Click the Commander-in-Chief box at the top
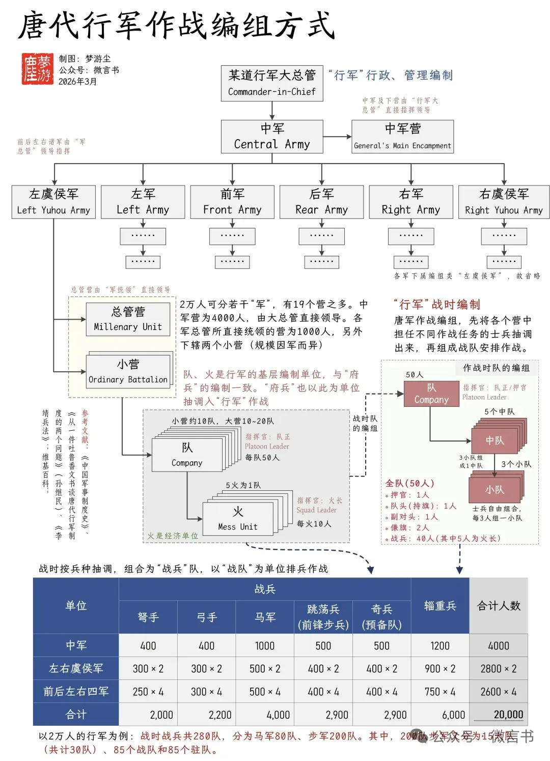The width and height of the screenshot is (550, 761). [x=272, y=83]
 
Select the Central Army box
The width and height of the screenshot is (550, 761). [x=272, y=137]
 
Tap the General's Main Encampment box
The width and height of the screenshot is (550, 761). [x=402, y=137]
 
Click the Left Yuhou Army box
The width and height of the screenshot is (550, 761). [x=53, y=202]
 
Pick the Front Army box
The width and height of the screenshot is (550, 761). [x=232, y=202]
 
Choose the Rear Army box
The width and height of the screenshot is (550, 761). [x=321, y=202]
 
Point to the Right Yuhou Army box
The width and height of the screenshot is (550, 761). [x=504, y=202]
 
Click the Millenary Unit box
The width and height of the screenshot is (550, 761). [x=128, y=319]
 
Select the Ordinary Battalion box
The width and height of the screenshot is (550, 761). [x=128, y=372]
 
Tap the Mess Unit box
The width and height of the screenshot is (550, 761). [x=238, y=519]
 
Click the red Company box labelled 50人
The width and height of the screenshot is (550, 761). [x=431, y=393]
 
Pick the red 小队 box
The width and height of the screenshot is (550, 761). [x=494, y=489]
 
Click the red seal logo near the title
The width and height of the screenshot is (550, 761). [x=37, y=69]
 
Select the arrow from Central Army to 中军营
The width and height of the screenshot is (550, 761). [x=337, y=137]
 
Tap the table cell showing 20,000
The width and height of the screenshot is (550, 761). [x=499, y=715]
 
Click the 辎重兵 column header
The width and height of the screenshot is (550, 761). [x=440, y=606]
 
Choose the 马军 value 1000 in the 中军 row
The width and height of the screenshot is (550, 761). [x=265, y=646]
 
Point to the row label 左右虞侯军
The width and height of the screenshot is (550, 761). [x=76, y=669]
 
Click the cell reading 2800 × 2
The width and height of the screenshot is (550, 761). [x=499, y=669]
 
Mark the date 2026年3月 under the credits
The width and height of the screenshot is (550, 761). [x=78, y=82]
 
